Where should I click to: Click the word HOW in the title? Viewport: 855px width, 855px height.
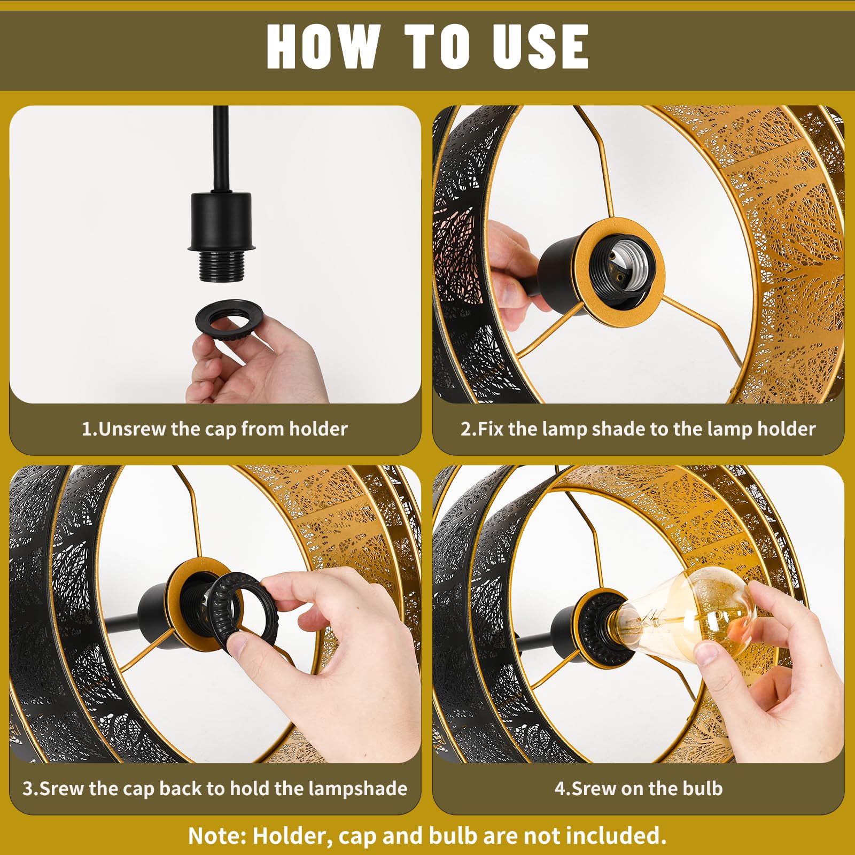pos(323,46)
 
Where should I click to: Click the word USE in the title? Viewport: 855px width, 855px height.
pos(540,46)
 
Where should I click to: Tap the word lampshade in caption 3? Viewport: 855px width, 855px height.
pos(359,789)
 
